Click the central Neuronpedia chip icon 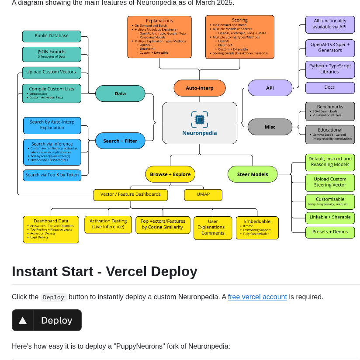(200, 119)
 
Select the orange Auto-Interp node (200, 88)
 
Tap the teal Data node (120, 93)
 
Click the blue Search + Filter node (120, 141)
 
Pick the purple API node (270, 88)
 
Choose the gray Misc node (270, 127)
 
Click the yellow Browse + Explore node (170, 174)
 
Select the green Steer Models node (253, 174)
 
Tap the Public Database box (52, 36)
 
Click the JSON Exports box (52, 54)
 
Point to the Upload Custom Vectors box (52, 72)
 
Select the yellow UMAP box (203, 194)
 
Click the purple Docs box (330, 87)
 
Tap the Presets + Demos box (330, 232)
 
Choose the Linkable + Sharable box (330, 217)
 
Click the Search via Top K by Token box (52, 175)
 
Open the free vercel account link (257, 297)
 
